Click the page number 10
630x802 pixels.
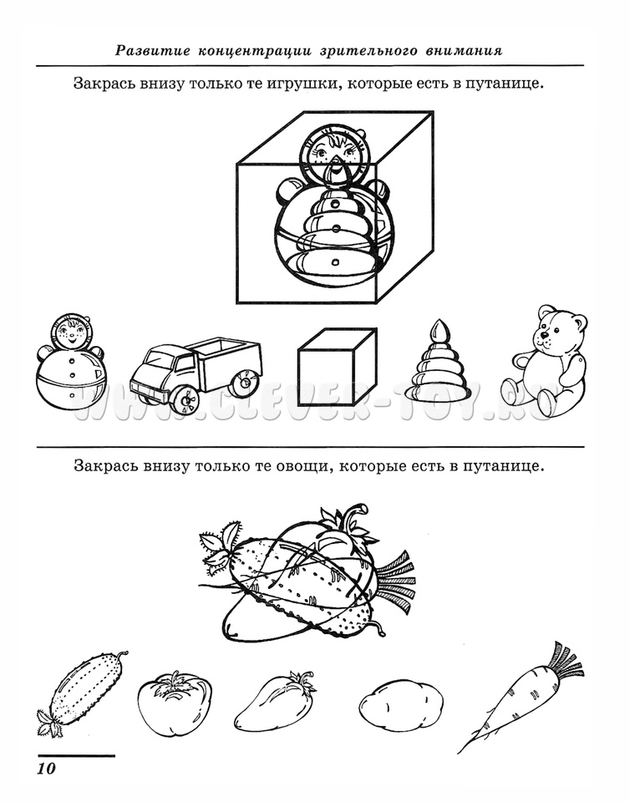(x=45, y=769)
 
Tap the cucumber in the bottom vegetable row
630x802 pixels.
(x=82, y=693)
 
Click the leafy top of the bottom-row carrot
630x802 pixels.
(x=566, y=662)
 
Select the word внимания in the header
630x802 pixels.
(x=463, y=51)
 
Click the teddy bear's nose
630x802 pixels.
(x=543, y=336)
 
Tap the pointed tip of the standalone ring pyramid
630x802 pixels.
(x=438, y=321)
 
